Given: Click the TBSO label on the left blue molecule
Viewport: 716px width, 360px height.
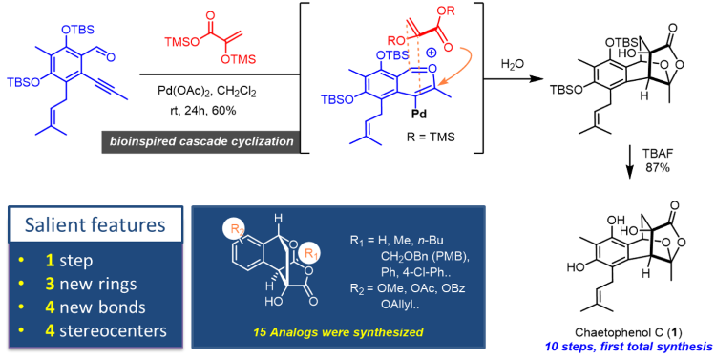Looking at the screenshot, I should click(x=21, y=81).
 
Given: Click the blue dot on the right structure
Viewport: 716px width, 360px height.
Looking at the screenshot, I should click(x=432, y=52).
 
